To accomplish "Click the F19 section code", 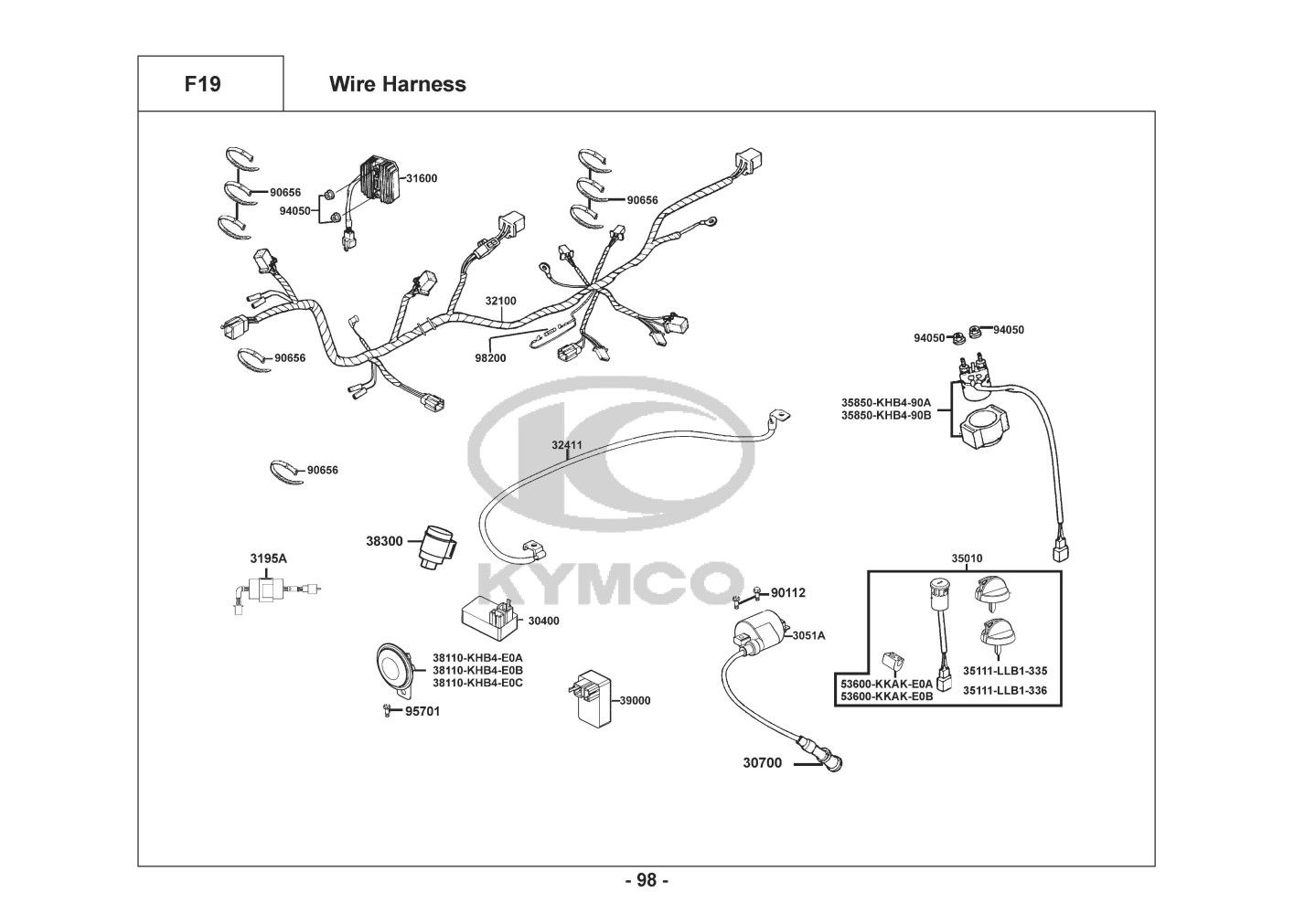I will [202, 84].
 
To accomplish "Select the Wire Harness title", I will [397, 84].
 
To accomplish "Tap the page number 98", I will [647, 881].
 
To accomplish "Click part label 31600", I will [422, 178].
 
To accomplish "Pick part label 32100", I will [500, 301].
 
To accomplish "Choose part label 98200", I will [490, 358].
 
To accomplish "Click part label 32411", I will [566, 446].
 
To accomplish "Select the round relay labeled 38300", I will [438, 547].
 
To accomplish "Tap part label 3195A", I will [268, 558].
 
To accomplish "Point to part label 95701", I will [422, 711].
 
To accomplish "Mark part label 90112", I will [787, 593].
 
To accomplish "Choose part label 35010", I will [967, 558].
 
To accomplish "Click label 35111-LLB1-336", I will [1005, 691].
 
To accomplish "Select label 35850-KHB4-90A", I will [885, 402].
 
